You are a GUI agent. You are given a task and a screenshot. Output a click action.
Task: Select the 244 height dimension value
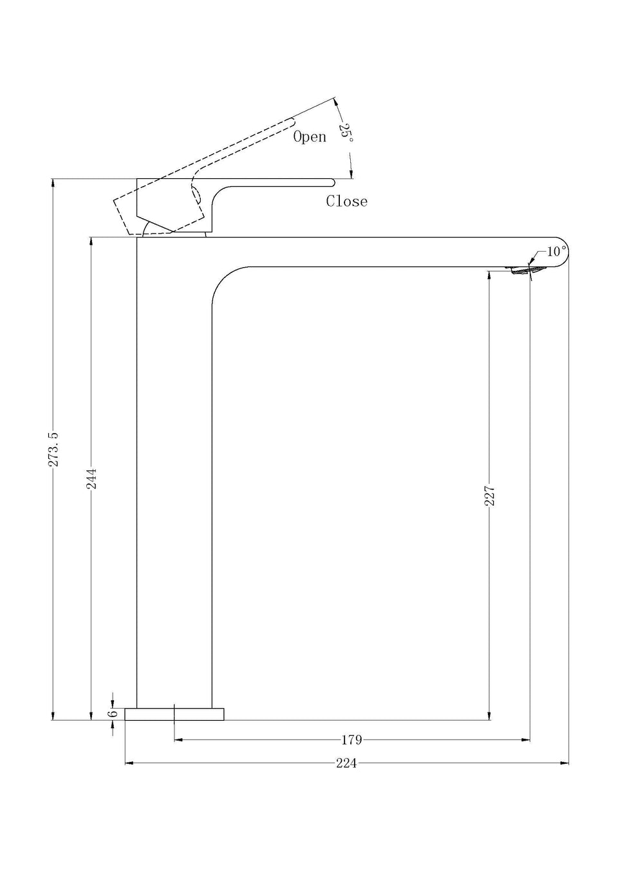(x=91, y=478)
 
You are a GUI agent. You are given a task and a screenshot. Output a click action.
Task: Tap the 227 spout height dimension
(x=489, y=496)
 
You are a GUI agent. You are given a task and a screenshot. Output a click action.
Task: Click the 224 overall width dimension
(x=346, y=763)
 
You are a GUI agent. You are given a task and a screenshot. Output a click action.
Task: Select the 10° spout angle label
(x=556, y=252)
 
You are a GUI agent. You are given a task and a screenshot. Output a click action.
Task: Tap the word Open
(x=310, y=136)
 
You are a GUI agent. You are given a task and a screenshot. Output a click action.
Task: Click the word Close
(x=347, y=201)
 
